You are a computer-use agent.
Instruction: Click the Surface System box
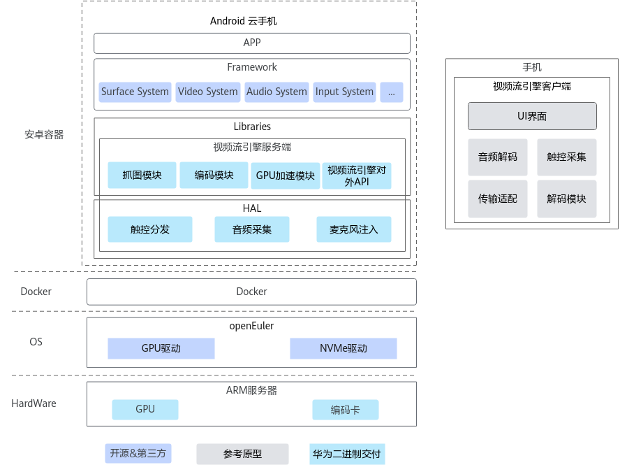click(x=135, y=92)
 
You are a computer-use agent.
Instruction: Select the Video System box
click(x=208, y=92)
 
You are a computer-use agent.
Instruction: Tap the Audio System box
click(x=276, y=92)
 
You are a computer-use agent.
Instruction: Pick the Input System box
click(x=344, y=92)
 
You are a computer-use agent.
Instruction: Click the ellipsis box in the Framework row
click(x=392, y=92)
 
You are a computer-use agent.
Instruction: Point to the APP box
click(x=252, y=43)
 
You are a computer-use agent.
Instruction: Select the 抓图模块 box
click(x=142, y=175)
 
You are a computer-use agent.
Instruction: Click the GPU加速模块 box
click(x=286, y=176)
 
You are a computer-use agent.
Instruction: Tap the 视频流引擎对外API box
click(x=357, y=176)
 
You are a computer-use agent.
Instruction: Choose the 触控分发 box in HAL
click(x=150, y=229)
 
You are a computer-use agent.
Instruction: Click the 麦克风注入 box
click(x=354, y=229)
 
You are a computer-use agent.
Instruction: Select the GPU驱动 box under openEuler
click(x=161, y=348)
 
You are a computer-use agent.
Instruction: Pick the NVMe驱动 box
click(x=344, y=348)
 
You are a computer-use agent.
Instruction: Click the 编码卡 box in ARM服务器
click(x=345, y=410)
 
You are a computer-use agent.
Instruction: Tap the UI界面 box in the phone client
click(x=532, y=116)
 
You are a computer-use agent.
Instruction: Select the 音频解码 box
click(x=498, y=157)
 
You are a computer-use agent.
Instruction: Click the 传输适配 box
click(x=498, y=199)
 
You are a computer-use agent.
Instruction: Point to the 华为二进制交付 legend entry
click(x=347, y=454)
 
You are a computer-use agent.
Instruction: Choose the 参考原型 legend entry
click(x=242, y=454)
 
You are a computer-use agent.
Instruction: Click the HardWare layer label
click(x=34, y=403)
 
